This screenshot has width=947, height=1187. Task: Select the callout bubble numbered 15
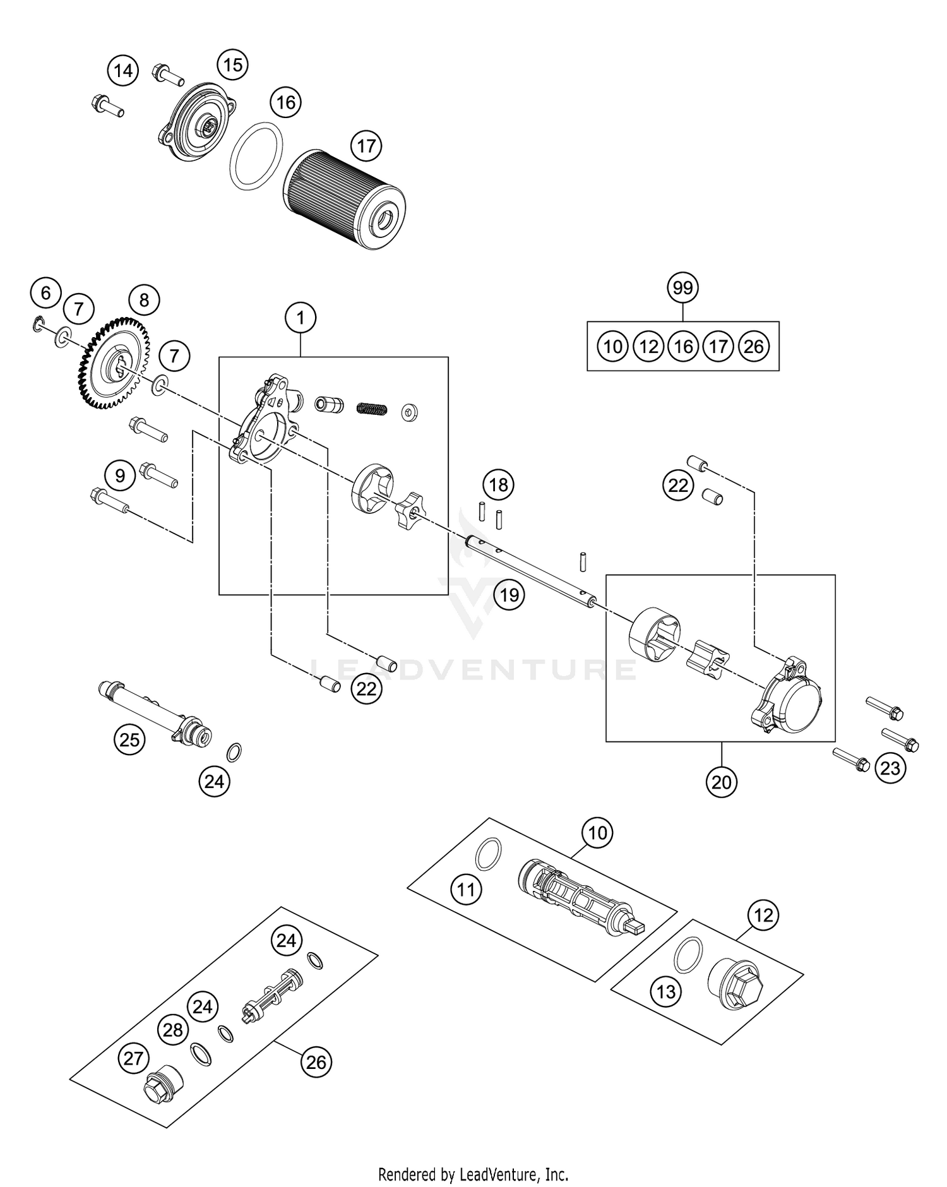tap(232, 64)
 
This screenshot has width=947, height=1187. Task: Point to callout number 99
tap(682, 288)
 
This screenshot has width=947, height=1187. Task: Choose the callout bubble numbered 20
tap(721, 782)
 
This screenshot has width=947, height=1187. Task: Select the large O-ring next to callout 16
tap(256, 155)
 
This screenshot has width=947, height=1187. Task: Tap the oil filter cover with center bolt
tap(197, 121)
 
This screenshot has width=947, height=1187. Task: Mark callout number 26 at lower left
tap(316, 1061)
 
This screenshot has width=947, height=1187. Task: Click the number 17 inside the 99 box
tap(718, 346)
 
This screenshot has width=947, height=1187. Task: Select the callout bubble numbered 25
tap(129, 739)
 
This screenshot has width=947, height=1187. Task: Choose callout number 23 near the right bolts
tap(890, 768)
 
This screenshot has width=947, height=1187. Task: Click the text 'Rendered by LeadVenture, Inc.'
tap(473, 1174)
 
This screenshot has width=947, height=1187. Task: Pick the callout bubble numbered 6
tap(45, 293)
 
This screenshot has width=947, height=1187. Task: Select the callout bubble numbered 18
tap(498, 485)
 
